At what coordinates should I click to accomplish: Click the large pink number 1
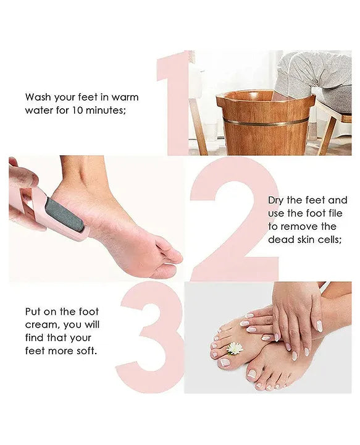(176, 102)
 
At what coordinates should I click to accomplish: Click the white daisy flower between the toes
(235, 348)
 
